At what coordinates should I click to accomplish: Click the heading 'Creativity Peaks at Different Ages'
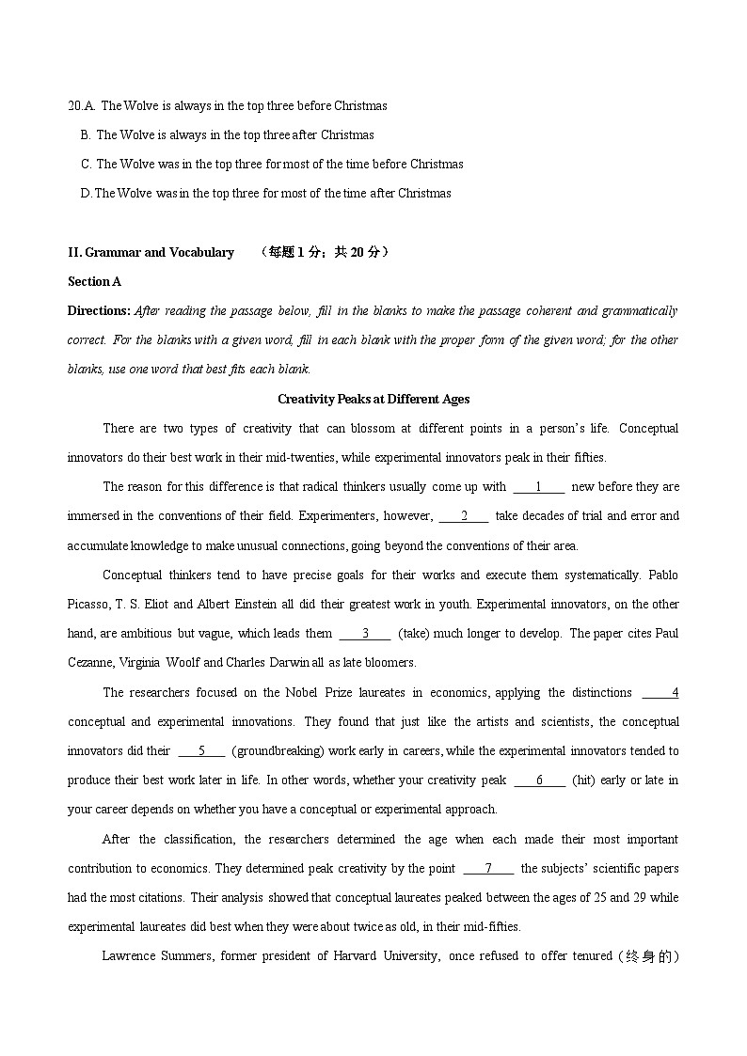[x=373, y=399]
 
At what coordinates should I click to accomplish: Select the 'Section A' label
[x=94, y=281]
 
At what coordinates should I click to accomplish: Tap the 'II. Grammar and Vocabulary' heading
[x=151, y=252]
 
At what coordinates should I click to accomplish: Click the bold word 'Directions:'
[x=99, y=310]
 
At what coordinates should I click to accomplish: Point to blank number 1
[x=538, y=486]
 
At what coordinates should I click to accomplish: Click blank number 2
[x=464, y=515]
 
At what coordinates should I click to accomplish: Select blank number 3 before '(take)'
[x=365, y=633]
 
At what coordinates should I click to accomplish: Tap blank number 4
[x=661, y=692]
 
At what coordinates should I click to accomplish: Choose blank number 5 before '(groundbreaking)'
[x=201, y=750]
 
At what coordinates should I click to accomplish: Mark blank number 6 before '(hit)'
[x=539, y=780]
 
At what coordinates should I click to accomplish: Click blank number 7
[x=488, y=868]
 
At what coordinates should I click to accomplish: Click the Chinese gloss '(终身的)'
[x=649, y=956]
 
